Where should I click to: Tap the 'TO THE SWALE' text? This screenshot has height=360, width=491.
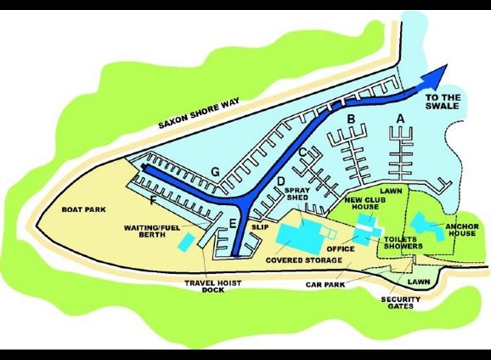click(x=443, y=103)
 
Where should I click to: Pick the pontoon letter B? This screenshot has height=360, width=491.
click(x=351, y=119)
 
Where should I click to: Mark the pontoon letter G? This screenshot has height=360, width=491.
click(x=214, y=171)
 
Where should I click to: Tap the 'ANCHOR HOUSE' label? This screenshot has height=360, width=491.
click(x=462, y=230)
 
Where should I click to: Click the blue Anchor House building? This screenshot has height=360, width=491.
click(x=429, y=226)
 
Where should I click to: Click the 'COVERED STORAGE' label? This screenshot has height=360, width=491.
click(x=304, y=261)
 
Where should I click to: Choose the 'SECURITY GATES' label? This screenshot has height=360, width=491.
click(x=400, y=303)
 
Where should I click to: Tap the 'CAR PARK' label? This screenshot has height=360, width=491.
click(x=325, y=285)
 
